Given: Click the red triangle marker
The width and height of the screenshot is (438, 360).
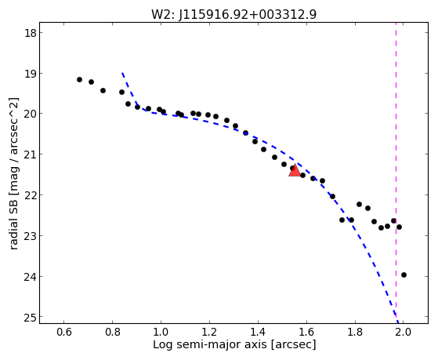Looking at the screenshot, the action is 295,170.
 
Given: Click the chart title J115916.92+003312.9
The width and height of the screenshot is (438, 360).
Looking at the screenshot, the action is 248,15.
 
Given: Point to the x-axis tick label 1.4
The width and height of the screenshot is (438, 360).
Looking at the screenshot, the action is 258,333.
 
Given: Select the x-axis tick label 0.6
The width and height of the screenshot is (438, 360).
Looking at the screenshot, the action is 64,333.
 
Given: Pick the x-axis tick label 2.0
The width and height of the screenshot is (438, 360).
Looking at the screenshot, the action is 404,333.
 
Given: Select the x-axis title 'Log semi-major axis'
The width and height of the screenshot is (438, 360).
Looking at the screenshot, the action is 210,344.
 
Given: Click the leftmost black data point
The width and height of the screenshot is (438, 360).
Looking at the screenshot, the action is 79,80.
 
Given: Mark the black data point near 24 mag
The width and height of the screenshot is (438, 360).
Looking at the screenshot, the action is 404,275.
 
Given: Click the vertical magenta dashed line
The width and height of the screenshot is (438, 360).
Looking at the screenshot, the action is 396,173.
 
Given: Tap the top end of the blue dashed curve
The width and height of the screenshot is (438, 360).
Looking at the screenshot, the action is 122,73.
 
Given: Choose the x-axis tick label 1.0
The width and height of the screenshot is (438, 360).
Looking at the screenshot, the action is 161,333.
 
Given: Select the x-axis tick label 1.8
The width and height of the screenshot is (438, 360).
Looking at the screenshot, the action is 355,333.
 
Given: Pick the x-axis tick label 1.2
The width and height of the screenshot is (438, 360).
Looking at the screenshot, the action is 209,333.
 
